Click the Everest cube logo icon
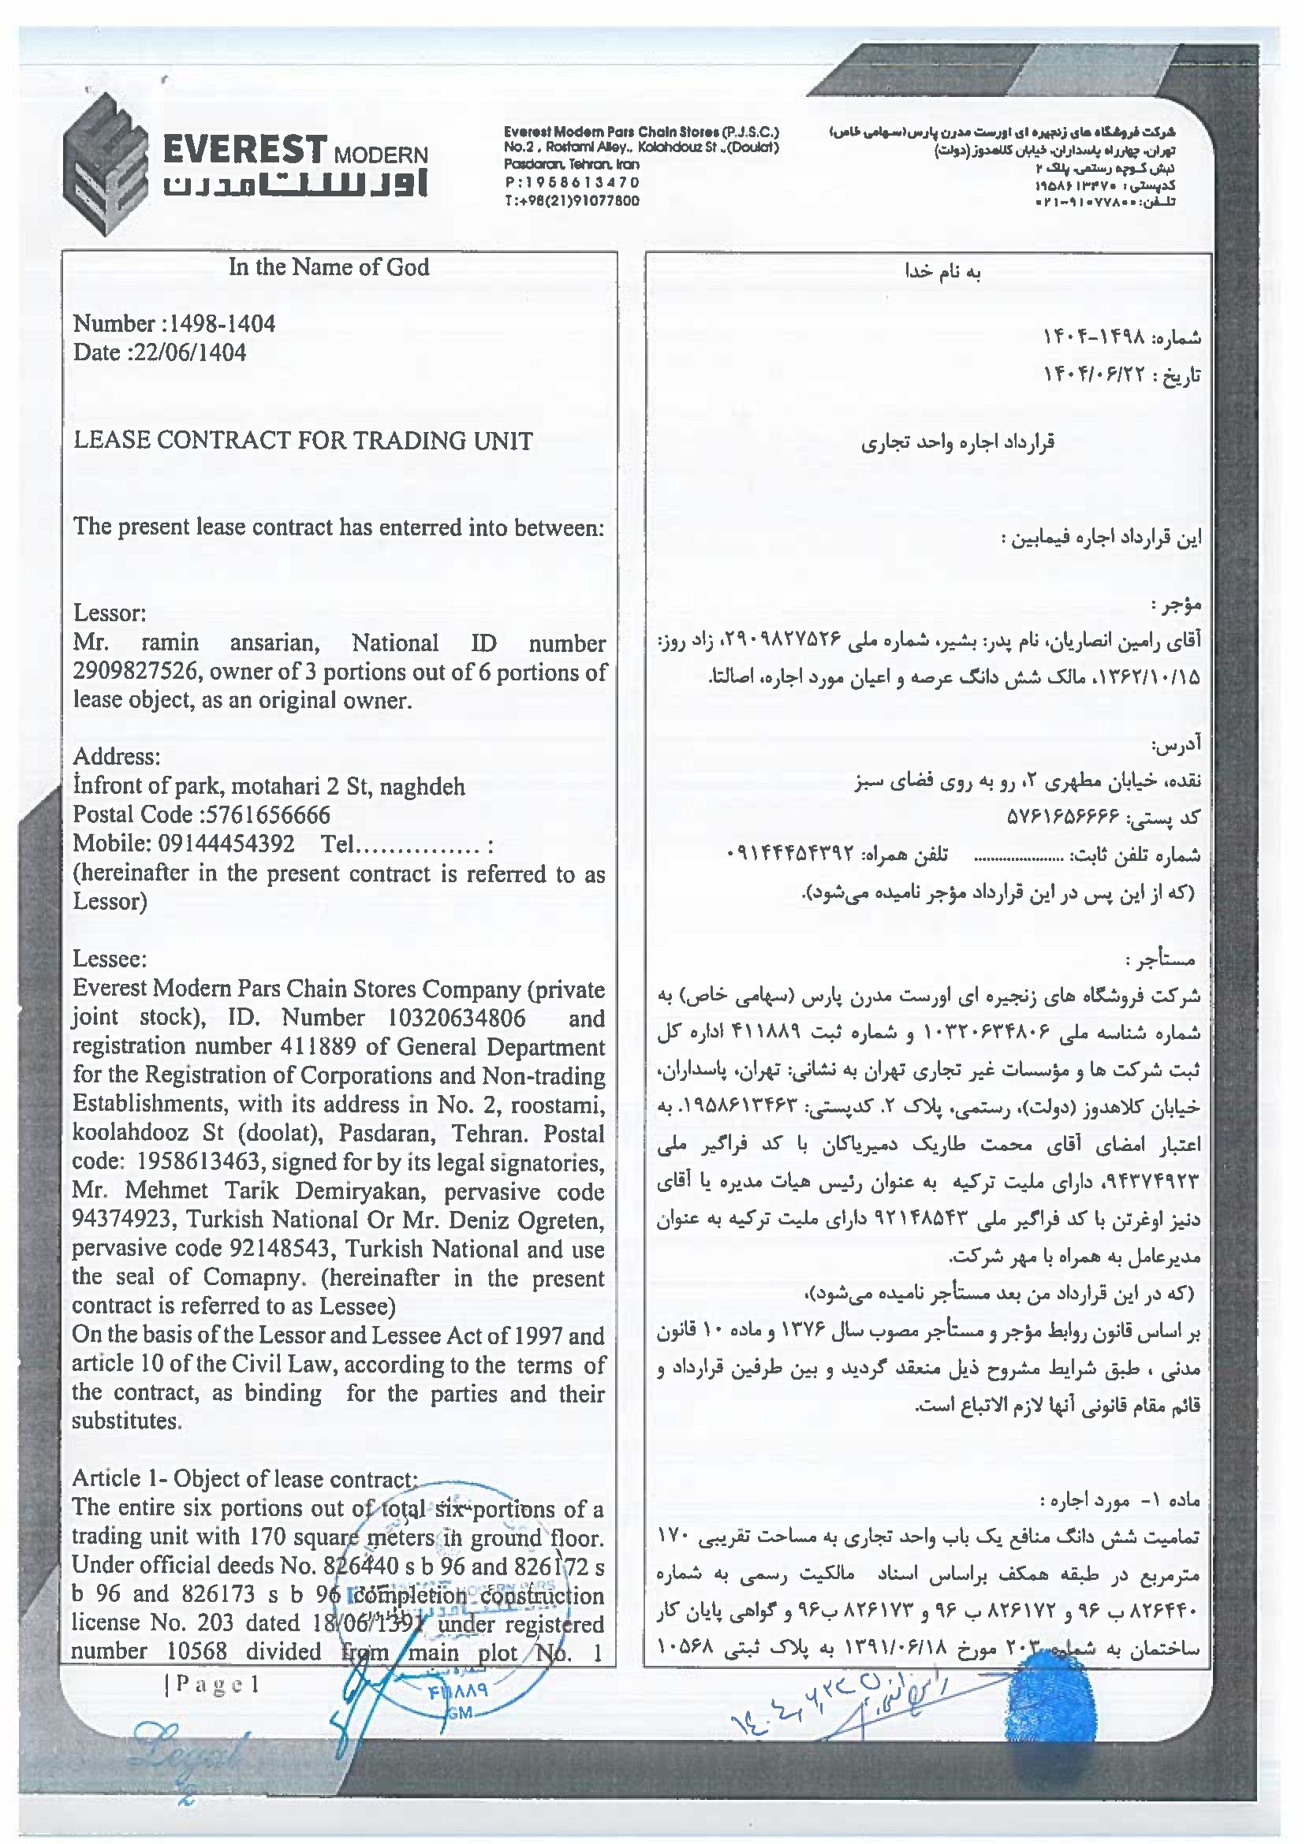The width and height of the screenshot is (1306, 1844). coord(106,164)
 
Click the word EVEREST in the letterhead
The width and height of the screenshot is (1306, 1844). coord(244,150)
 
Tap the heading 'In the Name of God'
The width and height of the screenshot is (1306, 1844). coord(328,267)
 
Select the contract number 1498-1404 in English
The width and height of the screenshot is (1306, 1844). coord(221,324)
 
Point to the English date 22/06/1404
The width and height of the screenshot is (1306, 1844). coord(194,352)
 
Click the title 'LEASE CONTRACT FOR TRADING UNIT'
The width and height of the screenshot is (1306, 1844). coord(303,441)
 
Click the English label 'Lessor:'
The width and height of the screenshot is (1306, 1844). coord(110,613)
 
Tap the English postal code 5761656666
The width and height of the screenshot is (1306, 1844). coord(268,815)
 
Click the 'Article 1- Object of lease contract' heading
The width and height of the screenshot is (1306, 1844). coord(244,1479)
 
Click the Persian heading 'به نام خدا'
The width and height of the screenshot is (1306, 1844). coord(942,272)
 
